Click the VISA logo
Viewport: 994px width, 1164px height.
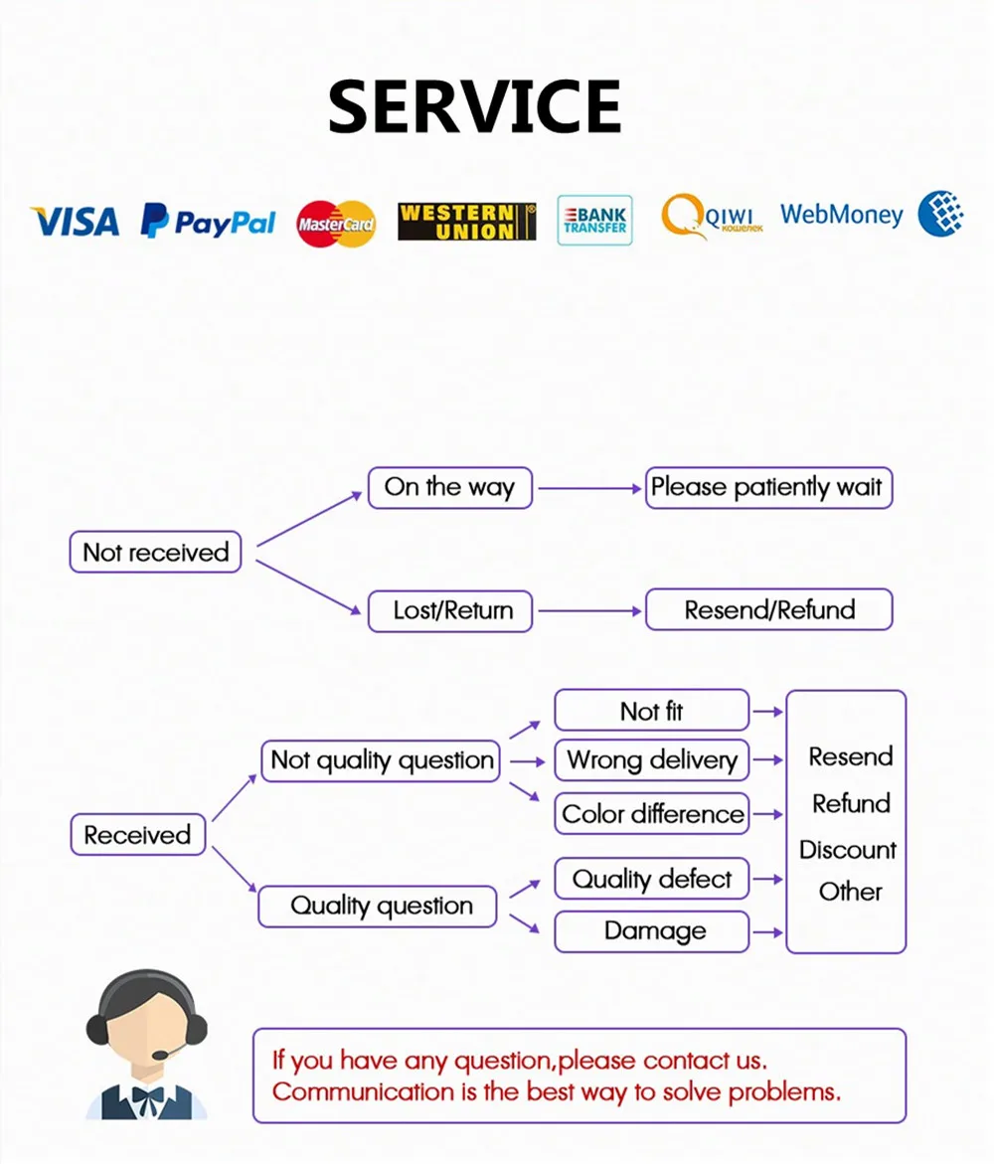75,221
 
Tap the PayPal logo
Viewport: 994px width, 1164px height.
208,221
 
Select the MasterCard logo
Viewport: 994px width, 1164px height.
336,223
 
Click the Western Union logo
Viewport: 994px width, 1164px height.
466,222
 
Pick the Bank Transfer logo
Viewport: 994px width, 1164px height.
594,220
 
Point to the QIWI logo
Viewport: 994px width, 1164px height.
712,216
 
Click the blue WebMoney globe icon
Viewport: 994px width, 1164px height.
940,214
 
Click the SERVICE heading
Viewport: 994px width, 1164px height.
474,106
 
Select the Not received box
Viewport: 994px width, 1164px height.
155,552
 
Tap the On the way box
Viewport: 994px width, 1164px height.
449,487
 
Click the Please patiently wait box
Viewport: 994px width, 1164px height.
767,487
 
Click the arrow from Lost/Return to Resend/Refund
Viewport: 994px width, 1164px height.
588,610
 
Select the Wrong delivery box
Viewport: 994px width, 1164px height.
651,760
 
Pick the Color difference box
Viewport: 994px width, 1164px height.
651,814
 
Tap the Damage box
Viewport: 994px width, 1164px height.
651,931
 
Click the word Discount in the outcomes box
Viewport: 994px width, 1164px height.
847,850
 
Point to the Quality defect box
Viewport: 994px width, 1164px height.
651,879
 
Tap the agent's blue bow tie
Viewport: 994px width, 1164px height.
147,1097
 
